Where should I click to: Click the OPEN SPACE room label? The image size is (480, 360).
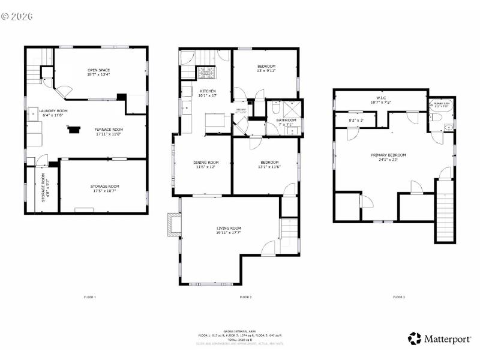[98, 70]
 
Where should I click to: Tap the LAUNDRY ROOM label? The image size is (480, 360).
[53, 110]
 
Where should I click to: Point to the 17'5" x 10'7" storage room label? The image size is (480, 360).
[105, 187]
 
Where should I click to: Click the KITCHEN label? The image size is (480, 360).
[208, 91]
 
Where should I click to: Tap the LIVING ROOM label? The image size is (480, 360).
[229, 229]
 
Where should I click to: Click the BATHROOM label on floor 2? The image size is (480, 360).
[286, 120]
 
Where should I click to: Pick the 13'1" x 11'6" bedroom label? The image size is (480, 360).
[269, 162]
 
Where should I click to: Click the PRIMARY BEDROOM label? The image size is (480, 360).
[388, 155]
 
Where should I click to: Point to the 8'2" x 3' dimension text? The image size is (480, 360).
[356, 121]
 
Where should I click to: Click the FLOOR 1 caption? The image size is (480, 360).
[89, 297]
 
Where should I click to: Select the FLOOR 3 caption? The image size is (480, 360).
[399, 297]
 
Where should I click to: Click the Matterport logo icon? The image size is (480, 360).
[414, 338]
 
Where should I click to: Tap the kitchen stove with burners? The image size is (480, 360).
[208, 73]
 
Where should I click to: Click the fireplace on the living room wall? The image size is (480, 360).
[174, 224]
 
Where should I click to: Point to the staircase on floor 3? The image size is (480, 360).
[445, 213]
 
